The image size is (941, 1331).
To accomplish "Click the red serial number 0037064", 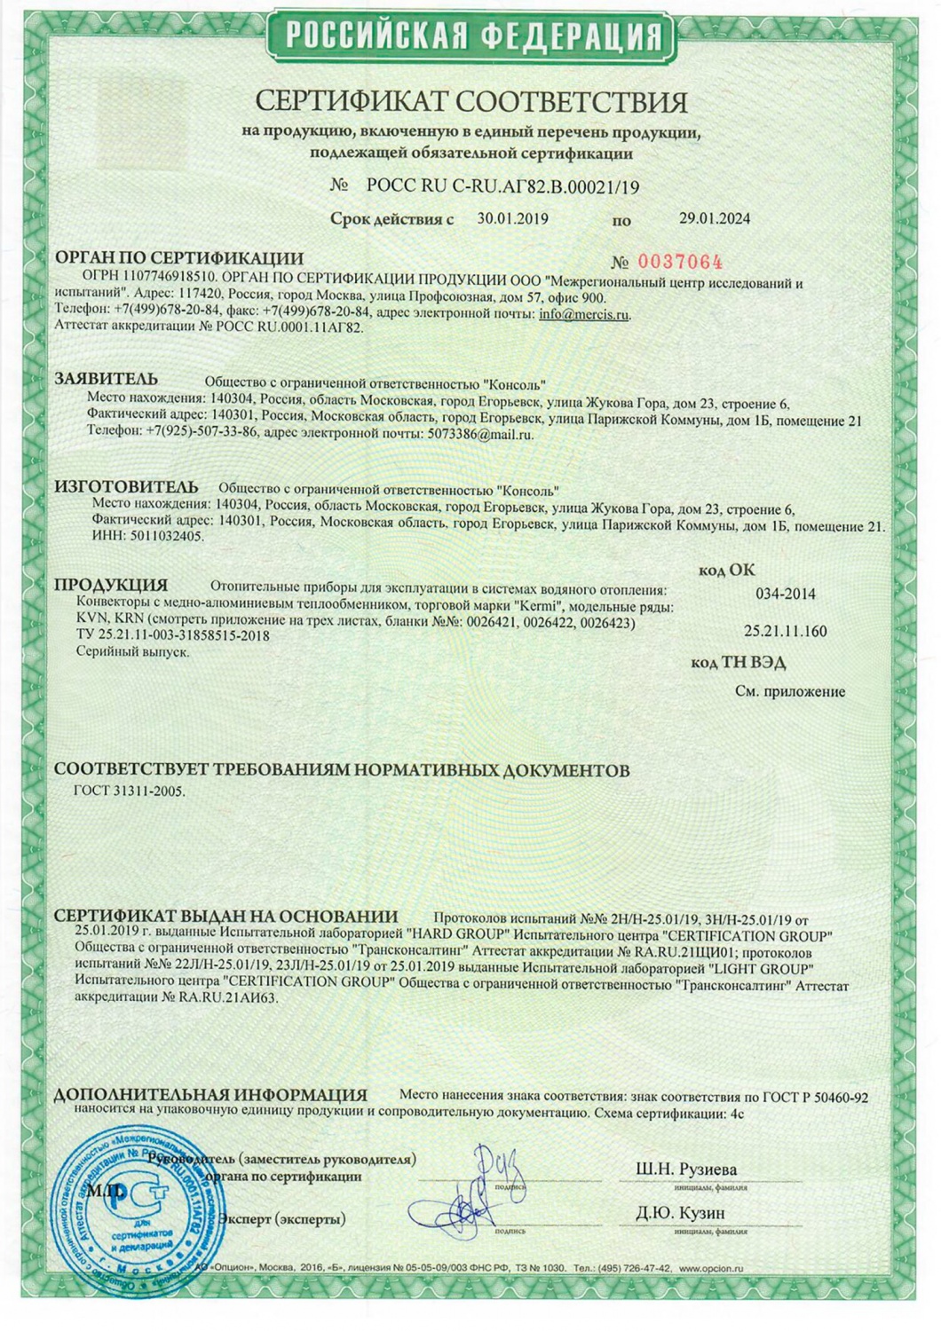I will pyautogui.click(x=679, y=262).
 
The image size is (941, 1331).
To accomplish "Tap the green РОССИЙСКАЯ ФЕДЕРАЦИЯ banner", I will pyautogui.click(x=472, y=35).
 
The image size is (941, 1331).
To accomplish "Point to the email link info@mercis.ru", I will pyautogui.click(x=584, y=314).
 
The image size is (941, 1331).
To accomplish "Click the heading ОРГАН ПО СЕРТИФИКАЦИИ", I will pyautogui.click(x=179, y=258).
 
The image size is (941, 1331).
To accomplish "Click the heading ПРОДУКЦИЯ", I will pyautogui.click(x=111, y=586).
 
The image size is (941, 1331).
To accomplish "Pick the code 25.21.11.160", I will pyautogui.click(x=785, y=632).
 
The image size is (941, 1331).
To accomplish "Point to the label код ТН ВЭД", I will pyautogui.click(x=738, y=663).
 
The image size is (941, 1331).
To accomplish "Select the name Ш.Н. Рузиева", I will pyautogui.click(x=686, y=1170).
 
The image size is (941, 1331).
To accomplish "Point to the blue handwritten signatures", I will pyautogui.click(x=466, y=1193).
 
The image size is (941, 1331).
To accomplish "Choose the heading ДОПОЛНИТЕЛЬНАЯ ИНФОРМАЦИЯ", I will pyautogui.click(x=211, y=1096).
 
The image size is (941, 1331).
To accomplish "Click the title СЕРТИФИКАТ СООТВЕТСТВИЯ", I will pyautogui.click(x=471, y=101).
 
